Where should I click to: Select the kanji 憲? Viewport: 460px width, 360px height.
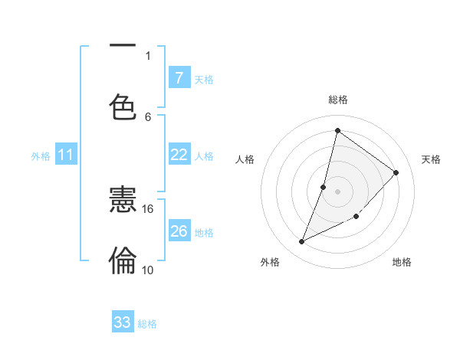[x=123, y=201]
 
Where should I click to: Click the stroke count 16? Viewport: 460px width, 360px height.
[x=148, y=208]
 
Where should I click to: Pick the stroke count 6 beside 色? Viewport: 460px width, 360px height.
[x=148, y=116]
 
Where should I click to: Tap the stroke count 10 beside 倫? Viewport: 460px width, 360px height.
[x=148, y=270]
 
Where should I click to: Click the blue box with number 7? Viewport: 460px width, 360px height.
[x=179, y=78]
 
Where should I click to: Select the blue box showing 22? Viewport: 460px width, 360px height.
[x=179, y=155]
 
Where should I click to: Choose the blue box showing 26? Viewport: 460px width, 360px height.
[x=179, y=231]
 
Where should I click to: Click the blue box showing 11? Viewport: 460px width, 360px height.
[x=66, y=155]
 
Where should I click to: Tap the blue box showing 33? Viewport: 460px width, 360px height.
[x=122, y=322]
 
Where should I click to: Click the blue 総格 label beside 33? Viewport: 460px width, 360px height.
[x=148, y=324]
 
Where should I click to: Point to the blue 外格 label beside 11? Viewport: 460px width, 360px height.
[x=41, y=156]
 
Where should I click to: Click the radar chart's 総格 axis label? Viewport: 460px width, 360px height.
[x=338, y=100]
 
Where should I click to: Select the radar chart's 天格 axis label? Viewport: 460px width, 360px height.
[x=431, y=159]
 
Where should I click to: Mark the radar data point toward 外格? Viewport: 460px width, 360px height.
[x=301, y=242]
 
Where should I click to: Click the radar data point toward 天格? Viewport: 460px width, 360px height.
[x=396, y=172]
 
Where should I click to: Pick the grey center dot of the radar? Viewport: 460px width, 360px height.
[x=337, y=191]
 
